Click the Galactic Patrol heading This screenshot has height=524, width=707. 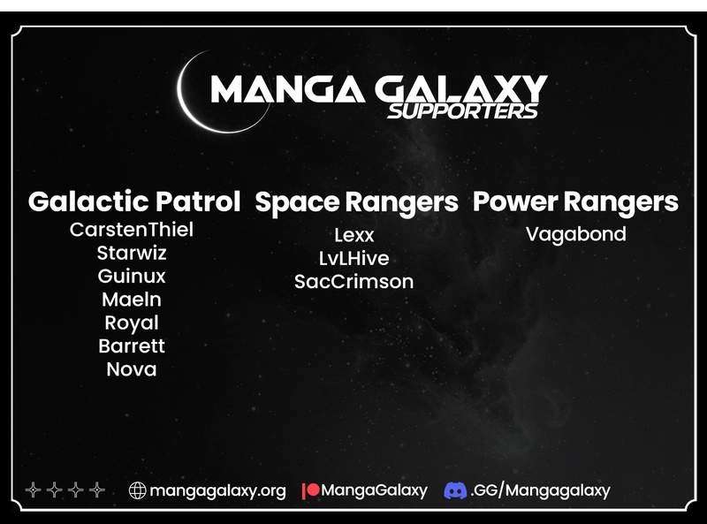click(x=134, y=201)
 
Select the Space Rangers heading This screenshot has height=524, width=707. click(x=356, y=203)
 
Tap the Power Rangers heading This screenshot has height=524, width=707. click(x=575, y=202)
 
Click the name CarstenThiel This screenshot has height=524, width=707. click(x=132, y=230)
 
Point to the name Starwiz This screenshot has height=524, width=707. click(x=132, y=253)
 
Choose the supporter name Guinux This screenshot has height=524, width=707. click(x=132, y=276)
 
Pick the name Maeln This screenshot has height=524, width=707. click(x=132, y=300)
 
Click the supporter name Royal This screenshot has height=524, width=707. click(x=132, y=323)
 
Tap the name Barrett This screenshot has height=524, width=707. click(x=132, y=346)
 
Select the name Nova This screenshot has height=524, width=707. click(x=132, y=369)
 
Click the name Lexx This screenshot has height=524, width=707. click(x=354, y=235)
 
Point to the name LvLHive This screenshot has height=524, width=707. click(x=354, y=258)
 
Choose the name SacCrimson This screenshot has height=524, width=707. click(x=354, y=282)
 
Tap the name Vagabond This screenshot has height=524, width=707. click(x=576, y=234)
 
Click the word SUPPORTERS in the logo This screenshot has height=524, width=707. click(x=463, y=111)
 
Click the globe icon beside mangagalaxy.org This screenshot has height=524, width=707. click(x=138, y=490)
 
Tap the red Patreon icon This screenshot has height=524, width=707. click(x=311, y=490)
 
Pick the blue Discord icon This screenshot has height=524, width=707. click(x=455, y=490)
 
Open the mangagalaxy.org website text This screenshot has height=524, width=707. click(x=217, y=491)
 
